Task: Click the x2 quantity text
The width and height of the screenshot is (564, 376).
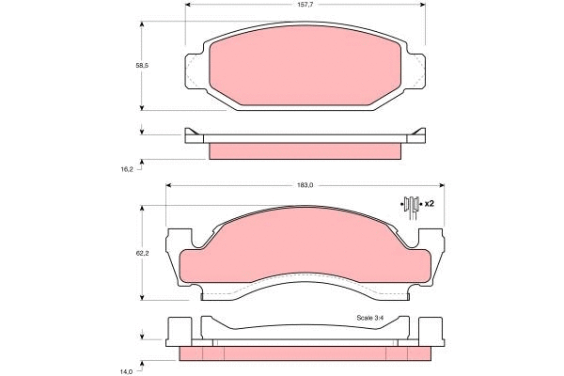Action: coord(429,203)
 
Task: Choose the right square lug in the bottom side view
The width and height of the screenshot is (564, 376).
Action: coord(431,330)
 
